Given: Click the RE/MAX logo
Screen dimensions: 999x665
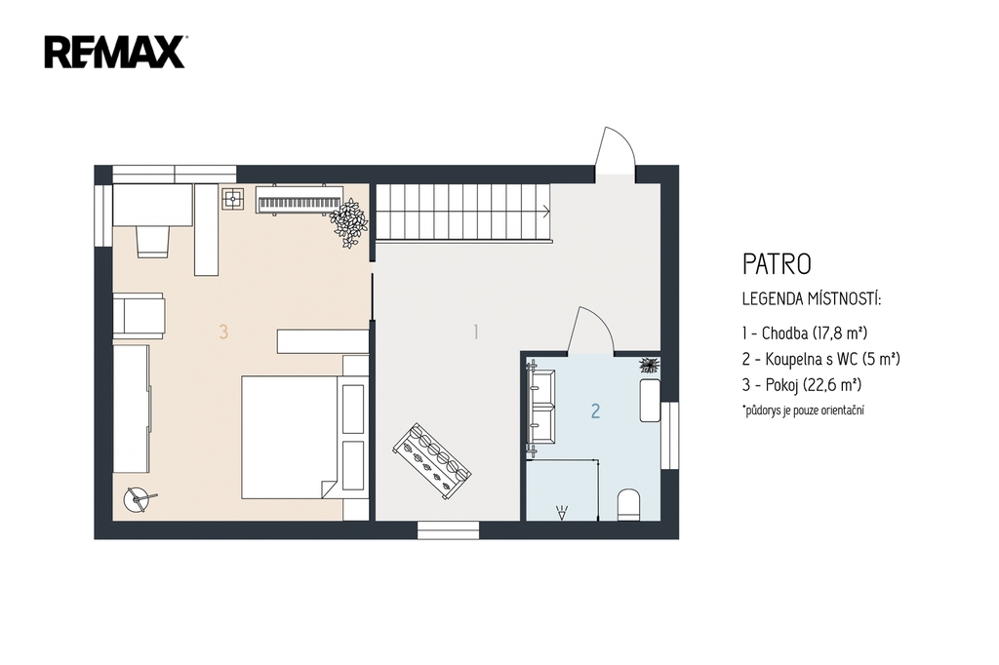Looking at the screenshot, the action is tap(115, 53).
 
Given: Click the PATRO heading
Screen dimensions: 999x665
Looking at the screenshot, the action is tap(777, 264).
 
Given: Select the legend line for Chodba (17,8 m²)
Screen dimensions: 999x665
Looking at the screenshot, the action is tap(805, 332).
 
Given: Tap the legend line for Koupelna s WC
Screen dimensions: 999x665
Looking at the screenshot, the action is tap(820, 359).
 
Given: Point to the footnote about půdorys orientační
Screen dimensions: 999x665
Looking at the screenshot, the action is tap(804, 411).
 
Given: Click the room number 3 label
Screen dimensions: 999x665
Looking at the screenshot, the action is tap(223, 332).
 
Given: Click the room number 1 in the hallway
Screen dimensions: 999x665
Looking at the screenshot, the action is tap(475, 332).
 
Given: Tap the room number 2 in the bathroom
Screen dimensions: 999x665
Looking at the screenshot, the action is tap(595, 411).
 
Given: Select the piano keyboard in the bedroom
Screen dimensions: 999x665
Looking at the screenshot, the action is tap(300, 199).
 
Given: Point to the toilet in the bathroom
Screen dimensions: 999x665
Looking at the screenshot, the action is tap(629, 505).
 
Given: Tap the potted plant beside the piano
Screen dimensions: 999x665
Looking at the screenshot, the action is tap(348, 222).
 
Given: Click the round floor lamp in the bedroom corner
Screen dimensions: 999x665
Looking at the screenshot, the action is tap(137, 498).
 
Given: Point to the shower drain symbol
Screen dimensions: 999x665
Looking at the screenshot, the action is tap(562, 512).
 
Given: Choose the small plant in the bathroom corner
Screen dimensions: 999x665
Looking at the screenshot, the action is tap(649, 365).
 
